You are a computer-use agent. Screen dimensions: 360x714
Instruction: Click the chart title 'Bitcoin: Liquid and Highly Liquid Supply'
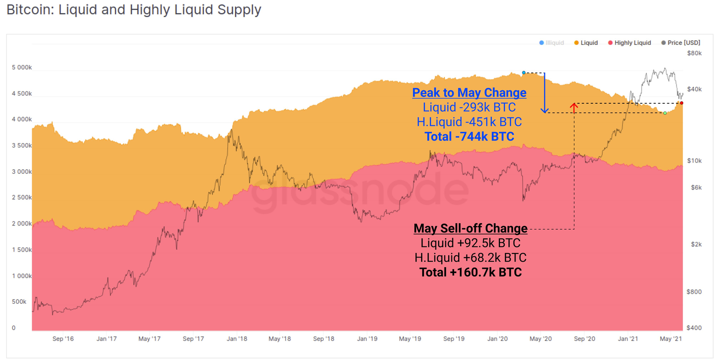(x=134, y=10)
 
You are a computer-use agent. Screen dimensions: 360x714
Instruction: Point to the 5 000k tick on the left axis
(x=22, y=67)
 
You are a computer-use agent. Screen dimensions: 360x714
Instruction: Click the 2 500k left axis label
(x=22, y=197)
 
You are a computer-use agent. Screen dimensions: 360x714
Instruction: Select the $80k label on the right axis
(x=694, y=53)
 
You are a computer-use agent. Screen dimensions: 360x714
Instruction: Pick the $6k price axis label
(x=696, y=187)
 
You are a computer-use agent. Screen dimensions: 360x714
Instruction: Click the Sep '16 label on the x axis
(x=63, y=339)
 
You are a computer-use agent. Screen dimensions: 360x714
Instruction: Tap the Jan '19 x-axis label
(x=367, y=339)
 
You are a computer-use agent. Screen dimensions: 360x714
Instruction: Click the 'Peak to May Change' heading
(x=469, y=92)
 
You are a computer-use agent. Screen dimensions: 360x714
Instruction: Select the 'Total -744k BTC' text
(x=469, y=136)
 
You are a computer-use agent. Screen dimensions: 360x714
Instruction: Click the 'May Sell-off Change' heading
(x=470, y=228)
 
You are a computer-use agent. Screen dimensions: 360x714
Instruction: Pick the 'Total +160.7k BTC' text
(x=470, y=272)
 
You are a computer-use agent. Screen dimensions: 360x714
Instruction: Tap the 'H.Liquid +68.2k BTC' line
(x=470, y=258)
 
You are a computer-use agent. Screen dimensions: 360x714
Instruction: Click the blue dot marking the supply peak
(x=524, y=73)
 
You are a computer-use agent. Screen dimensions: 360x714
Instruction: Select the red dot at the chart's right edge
(x=682, y=103)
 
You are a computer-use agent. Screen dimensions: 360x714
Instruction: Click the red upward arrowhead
(x=574, y=106)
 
